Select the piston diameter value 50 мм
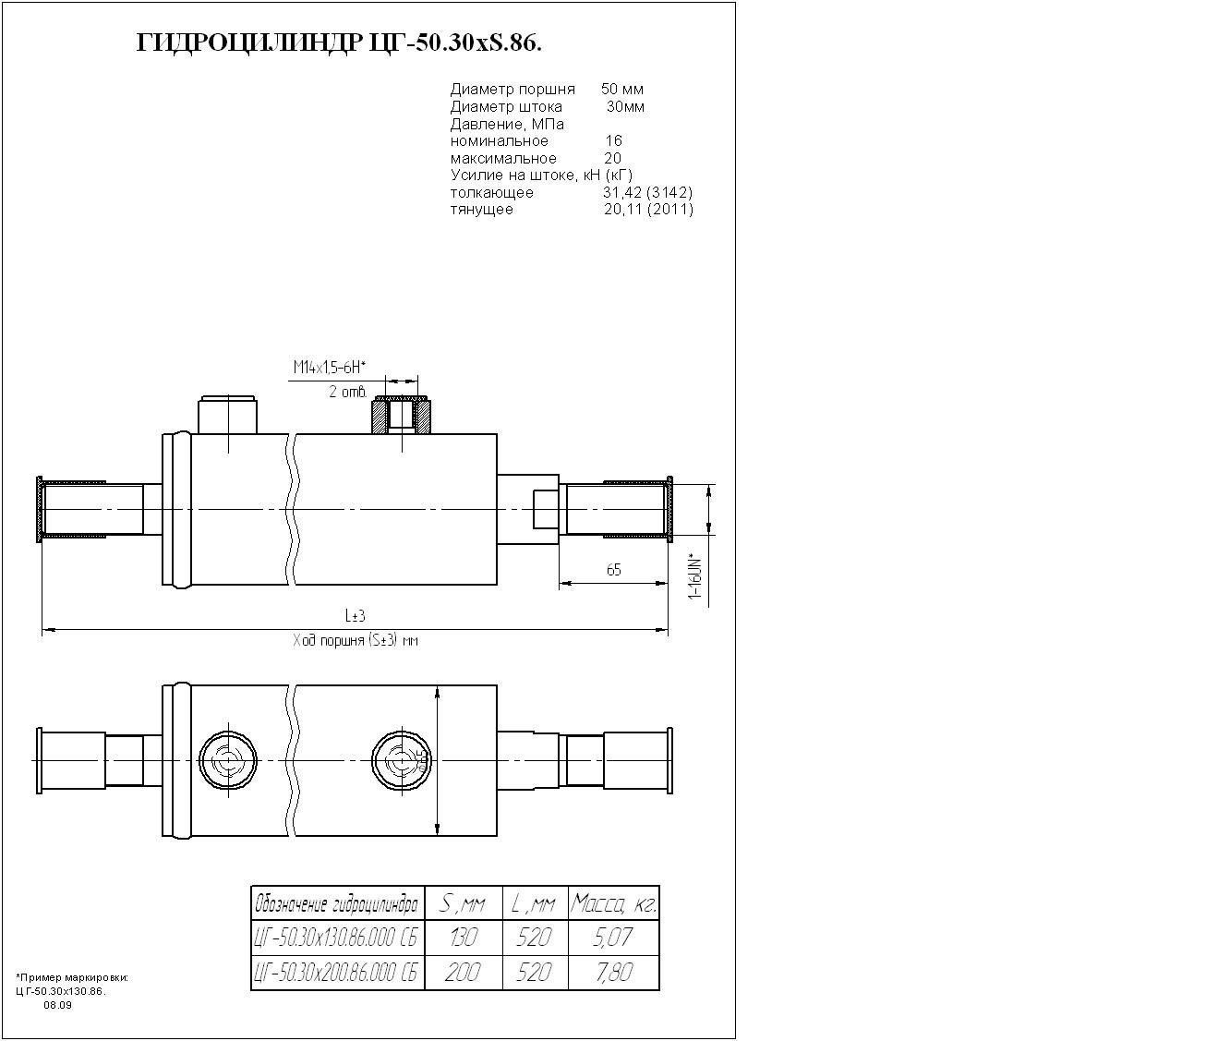[622, 90]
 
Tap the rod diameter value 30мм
[625, 107]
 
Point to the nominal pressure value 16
[614, 141]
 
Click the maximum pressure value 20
[613, 159]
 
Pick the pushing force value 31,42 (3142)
[647, 193]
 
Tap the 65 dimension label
[614, 570]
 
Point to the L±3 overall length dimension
[356, 616]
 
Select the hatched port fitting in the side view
[402, 415]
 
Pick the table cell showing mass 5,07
[613, 938]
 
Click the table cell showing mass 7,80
[613, 973]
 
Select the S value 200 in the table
[463, 973]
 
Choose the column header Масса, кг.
[613, 902]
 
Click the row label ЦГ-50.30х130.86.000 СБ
[337, 938]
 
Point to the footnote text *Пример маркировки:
[72, 977]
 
